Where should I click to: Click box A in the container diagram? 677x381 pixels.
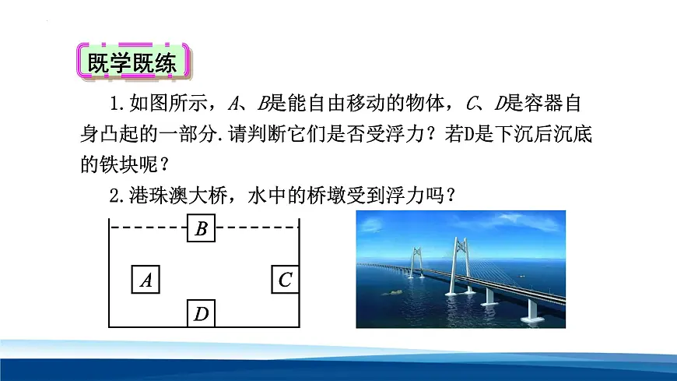click(146, 280)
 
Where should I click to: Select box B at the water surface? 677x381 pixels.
click(201, 228)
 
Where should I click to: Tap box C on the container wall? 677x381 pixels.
click(285, 279)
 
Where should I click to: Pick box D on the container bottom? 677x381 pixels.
click(201, 314)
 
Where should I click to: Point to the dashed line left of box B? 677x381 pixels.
click(148, 228)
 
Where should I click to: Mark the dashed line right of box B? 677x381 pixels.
click(257, 228)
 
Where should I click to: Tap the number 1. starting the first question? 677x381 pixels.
click(119, 104)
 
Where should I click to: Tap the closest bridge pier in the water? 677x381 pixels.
click(534, 310)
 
